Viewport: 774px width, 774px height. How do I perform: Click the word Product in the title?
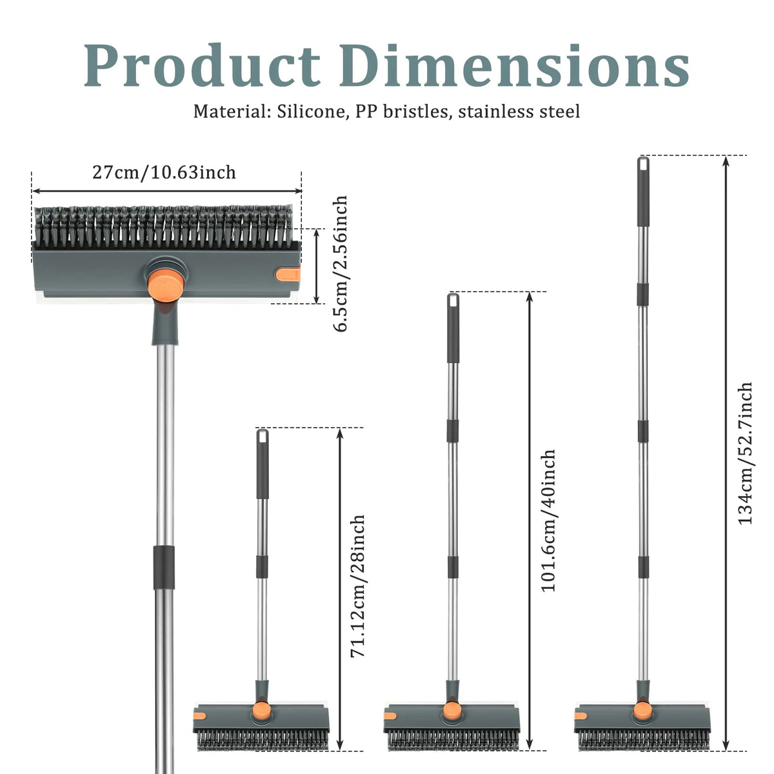click(x=202, y=65)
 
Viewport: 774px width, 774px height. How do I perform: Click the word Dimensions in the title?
click(x=515, y=65)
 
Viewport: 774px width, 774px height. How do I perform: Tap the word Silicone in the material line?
click(x=311, y=111)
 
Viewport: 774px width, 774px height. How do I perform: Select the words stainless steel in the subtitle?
click(x=519, y=111)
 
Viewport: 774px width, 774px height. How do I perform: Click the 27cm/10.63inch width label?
click(x=164, y=172)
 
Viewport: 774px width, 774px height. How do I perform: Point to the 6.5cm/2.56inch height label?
click(x=340, y=264)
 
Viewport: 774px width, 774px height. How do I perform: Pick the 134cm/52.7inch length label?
click(x=745, y=453)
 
